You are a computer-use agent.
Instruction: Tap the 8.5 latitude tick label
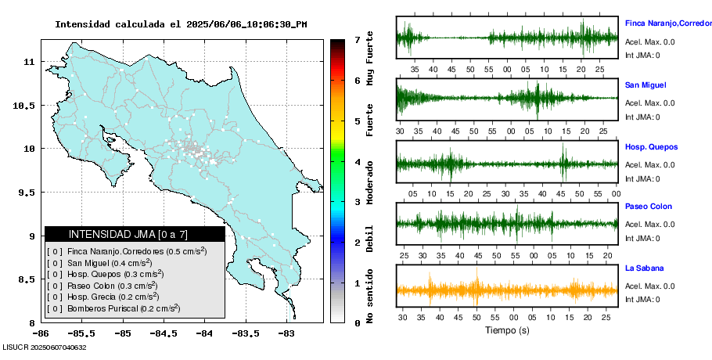pyautogui.click(x=26, y=279)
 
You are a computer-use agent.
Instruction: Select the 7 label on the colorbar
pyautogui.click(x=356, y=39)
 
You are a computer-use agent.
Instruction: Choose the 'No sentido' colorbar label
pyautogui.click(x=370, y=297)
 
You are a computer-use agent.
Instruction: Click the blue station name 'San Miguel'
pyautogui.click(x=645, y=85)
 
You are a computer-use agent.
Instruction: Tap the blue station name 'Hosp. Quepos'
pyautogui.click(x=651, y=146)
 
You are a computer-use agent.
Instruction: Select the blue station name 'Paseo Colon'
pyautogui.click(x=648, y=207)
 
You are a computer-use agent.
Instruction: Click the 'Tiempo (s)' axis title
pyautogui.click(x=507, y=330)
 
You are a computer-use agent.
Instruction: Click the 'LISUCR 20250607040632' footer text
pyautogui.click(x=45, y=347)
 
